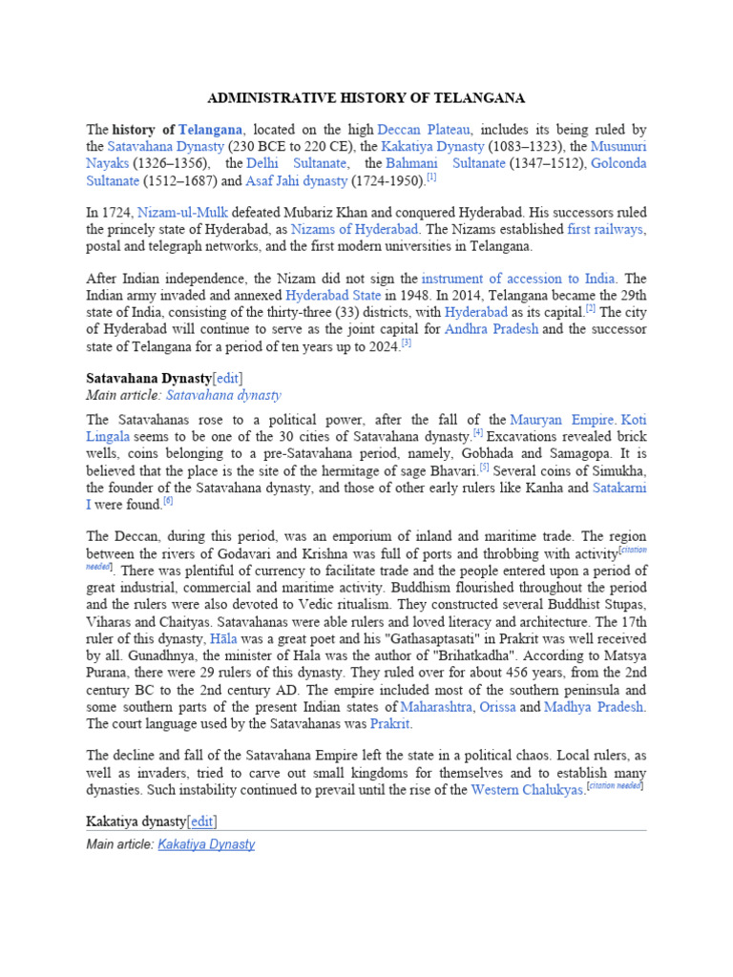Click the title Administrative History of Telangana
366,98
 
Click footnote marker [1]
431,177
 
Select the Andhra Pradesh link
491,328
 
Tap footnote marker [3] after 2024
407,342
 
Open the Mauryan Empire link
562,419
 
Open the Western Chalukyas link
527,790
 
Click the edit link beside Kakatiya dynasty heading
202,821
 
